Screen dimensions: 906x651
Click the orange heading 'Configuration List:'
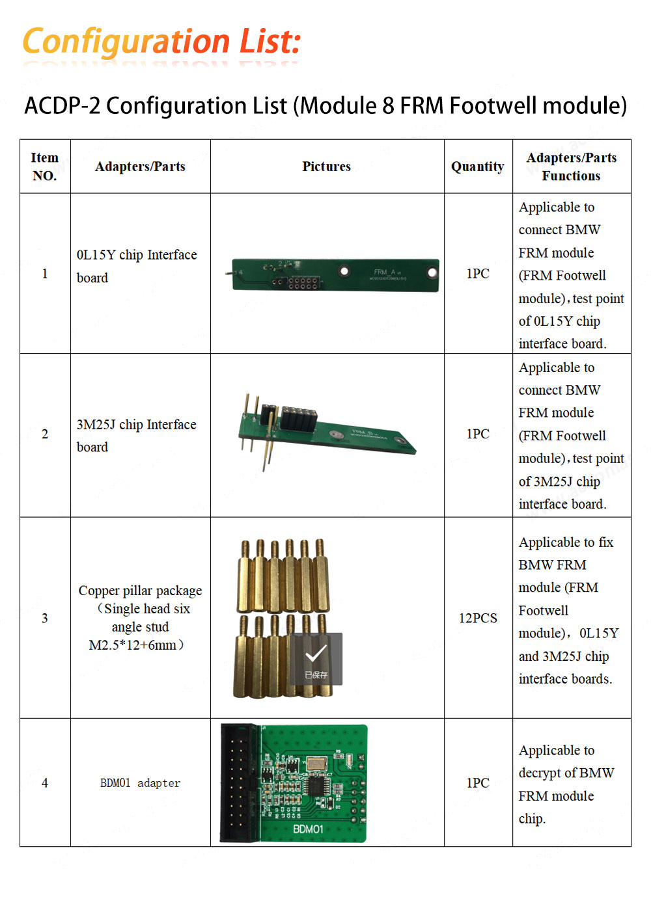[161, 42]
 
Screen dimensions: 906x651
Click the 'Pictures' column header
[326, 167]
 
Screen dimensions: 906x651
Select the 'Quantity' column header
[478, 167]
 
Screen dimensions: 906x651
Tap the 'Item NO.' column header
[45, 167]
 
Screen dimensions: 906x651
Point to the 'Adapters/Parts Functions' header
[572, 167]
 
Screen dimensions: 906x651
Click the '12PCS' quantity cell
[478, 618]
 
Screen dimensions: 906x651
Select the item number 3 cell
[45, 618]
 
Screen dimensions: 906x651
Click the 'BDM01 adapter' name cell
[140, 783]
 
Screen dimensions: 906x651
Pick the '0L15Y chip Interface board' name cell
[137, 266]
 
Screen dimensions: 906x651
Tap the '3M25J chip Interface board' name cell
[137, 435]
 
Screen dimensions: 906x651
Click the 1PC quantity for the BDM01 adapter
[478, 783]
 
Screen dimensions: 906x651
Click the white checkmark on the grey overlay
[316, 654]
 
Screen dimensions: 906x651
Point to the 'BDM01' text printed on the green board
[308, 829]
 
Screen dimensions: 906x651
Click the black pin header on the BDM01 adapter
[239, 784]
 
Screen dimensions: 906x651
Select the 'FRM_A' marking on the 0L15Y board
[385, 272]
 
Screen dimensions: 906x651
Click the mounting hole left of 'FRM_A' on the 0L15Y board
[344, 271]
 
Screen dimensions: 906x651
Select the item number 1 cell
[45, 274]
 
